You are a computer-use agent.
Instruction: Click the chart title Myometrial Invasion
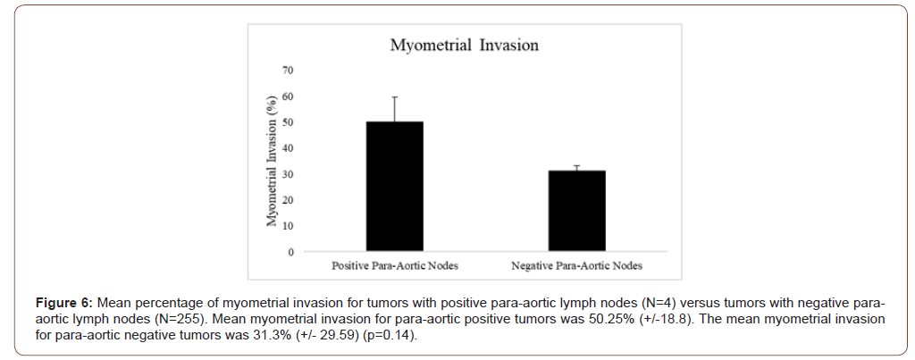click(x=463, y=45)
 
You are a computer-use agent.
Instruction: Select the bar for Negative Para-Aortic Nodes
click(x=576, y=210)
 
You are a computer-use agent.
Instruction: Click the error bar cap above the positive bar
click(x=394, y=96)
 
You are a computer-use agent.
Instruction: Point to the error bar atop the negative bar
click(x=576, y=167)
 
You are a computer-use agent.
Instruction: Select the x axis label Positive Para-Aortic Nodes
click(x=394, y=266)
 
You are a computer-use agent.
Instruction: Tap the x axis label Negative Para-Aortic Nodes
click(x=576, y=266)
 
